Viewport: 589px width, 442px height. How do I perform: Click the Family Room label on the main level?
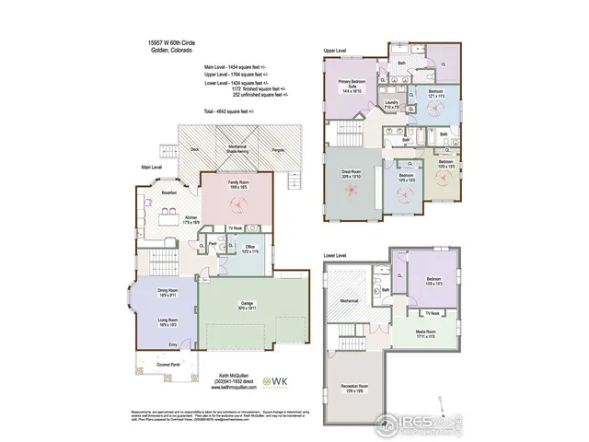(x=237, y=184)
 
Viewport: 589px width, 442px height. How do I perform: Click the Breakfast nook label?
(x=168, y=193)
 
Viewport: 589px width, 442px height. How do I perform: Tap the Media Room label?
(x=425, y=334)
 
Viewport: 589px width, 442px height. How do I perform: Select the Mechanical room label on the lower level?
(x=348, y=299)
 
